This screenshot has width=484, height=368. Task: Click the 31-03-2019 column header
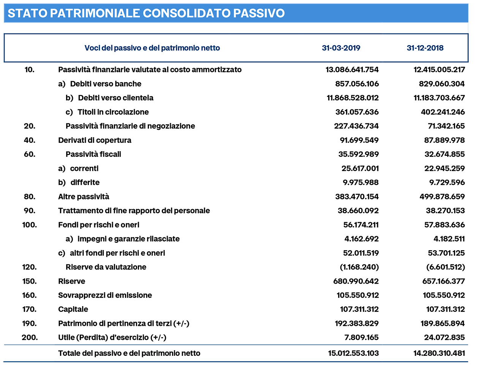tap(341, 48)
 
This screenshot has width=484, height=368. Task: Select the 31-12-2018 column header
tap(425, 48)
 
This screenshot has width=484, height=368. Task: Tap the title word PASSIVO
tap(259, 13)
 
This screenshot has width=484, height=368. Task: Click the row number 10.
tap(29, 69)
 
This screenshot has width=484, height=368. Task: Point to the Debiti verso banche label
tap(106, 84)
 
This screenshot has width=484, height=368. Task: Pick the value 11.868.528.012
tap(353, 98)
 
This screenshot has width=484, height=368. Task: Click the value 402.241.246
tap(443, 112)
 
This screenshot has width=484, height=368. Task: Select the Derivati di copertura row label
tap(95, 140)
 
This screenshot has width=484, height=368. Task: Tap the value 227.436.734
tap(356, 126)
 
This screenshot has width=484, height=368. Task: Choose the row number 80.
tap(29, 197)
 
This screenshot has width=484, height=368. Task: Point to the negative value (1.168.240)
tap(359, 267)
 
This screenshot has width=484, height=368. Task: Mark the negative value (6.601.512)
tap(445, 267)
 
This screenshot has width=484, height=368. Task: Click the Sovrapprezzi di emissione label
tap(105, 295)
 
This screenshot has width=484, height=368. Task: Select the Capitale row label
tap(73, 310)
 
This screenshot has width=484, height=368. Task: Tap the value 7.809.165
tap(361, 338)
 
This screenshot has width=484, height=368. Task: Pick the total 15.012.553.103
tap(353, 353)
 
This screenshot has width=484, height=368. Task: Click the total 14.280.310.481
tap(439, 353)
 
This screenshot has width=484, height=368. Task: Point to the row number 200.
tap(30, 338)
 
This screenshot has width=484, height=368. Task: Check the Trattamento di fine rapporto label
tap(134, 211)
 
